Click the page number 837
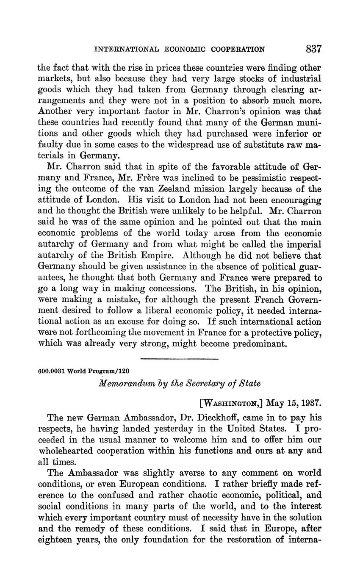tap(313, 49)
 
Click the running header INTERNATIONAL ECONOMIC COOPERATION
tap(180, 49)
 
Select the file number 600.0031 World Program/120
tap(83, 371)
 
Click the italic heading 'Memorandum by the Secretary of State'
tap(180, 383)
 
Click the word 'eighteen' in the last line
tap(55, 540)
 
